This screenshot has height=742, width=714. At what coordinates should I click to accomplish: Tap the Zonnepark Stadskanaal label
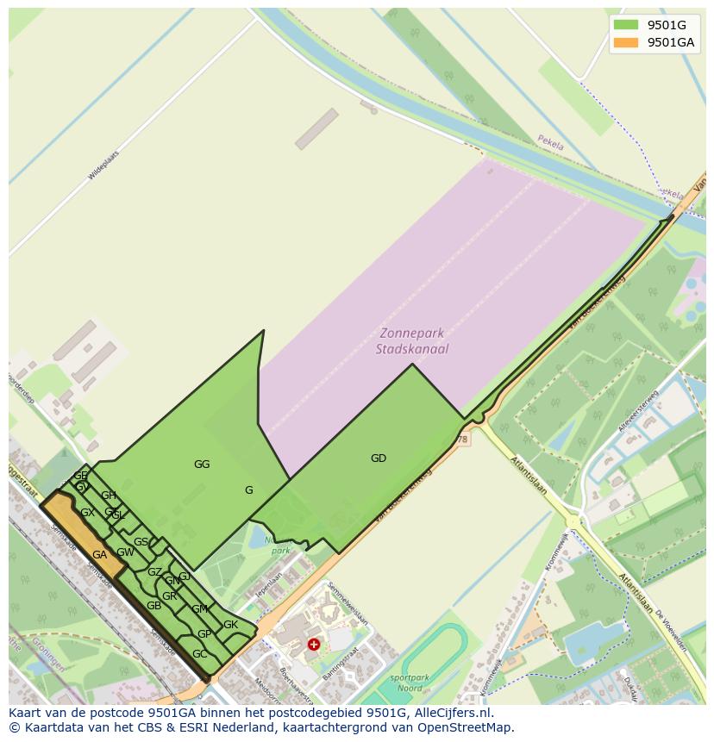coord(412,341)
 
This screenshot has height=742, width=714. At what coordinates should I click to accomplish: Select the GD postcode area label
coord(379,458)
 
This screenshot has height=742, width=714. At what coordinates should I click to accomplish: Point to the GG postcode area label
coord(202,465)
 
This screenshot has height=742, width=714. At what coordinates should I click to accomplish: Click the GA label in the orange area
coord(99,555)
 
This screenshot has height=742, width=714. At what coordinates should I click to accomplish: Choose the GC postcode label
coord(199,654)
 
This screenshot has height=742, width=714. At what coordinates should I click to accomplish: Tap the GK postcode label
coord(230,625)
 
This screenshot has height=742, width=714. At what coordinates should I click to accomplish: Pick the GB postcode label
coord(153,606)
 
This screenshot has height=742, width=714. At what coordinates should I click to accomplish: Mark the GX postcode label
coord(87,513)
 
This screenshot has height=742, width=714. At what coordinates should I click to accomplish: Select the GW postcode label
coord(125,552)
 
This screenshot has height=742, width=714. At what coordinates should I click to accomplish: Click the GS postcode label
coord(141,542)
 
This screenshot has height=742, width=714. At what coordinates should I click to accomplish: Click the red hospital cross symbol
coord(314,644)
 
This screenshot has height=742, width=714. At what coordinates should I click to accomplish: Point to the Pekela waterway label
coord(550,142)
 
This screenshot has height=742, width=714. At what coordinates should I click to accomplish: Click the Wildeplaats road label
coord(103,165)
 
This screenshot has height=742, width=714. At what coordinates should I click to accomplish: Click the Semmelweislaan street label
coord(348,605)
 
